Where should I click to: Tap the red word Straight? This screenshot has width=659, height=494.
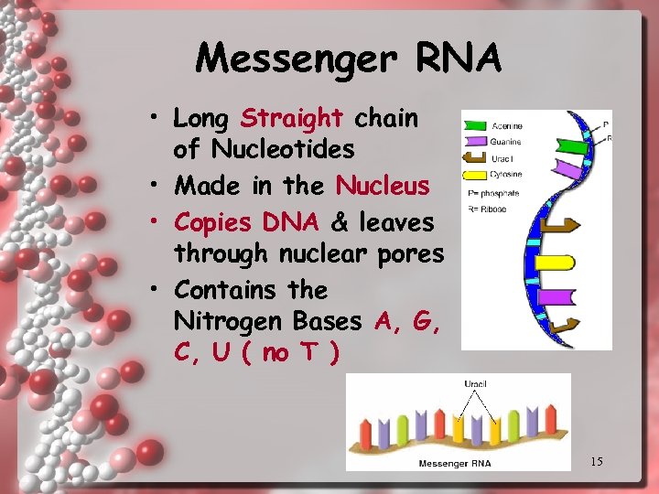[291, 118]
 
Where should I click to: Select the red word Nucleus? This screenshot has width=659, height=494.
[383, 187]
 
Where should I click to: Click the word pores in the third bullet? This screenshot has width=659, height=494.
[413, 252]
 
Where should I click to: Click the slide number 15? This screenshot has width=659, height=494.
[596, 461]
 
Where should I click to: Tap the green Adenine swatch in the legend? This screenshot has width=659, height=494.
[475, 126]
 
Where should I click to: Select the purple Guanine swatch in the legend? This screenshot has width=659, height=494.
[475, 142]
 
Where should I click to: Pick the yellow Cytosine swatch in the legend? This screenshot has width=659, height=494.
[475, 174]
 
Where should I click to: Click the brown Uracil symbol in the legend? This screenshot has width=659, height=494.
[475, 158]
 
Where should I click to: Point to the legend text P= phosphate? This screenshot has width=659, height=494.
[493, 192]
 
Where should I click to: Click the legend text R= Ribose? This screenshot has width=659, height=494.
[488, 209]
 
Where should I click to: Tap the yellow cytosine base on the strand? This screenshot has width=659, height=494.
[554, 263]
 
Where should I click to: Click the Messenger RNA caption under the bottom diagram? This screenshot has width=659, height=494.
[455, 463]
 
